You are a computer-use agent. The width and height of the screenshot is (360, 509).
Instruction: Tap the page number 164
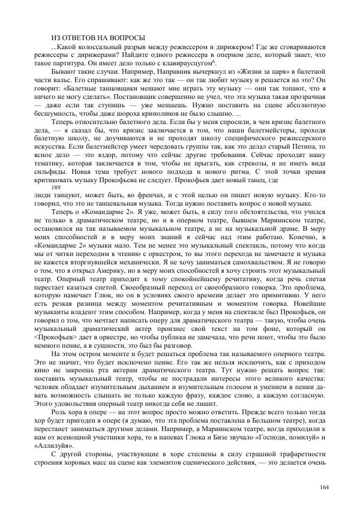(x=325, y=486)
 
